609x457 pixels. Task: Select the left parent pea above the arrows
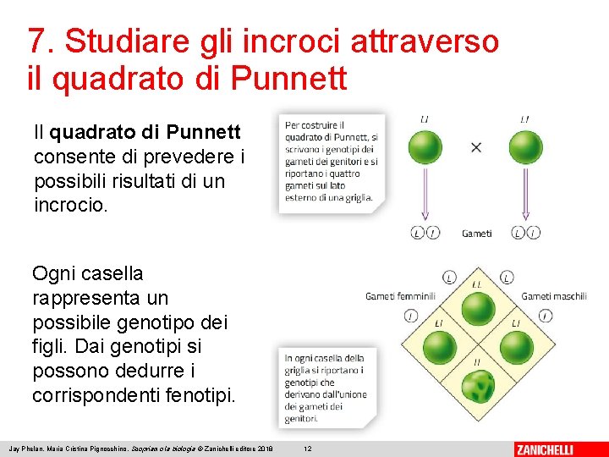click(425, 146)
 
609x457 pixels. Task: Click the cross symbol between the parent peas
click(475, 147)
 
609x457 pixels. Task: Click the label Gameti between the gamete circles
click(476, 234)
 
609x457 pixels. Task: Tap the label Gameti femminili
click(400, 296)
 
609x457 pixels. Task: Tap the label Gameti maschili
click(554, 296)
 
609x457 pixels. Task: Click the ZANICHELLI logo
click(556, 449)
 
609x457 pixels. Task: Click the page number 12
click(308, 448)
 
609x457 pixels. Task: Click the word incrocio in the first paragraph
click(71, 205)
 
